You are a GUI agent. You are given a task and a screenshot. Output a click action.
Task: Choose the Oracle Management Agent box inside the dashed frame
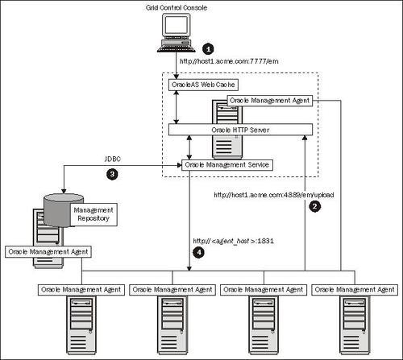pyautogui.click(x=270, y=100)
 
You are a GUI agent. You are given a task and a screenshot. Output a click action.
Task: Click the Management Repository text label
pyautogui.click(x=93, y=213)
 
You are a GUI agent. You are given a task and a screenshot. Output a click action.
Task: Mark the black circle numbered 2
pyautogui.click(x=314, y=206)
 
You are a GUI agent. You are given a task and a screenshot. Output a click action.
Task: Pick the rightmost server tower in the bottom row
pyautogui.click(x=353, y=322)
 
